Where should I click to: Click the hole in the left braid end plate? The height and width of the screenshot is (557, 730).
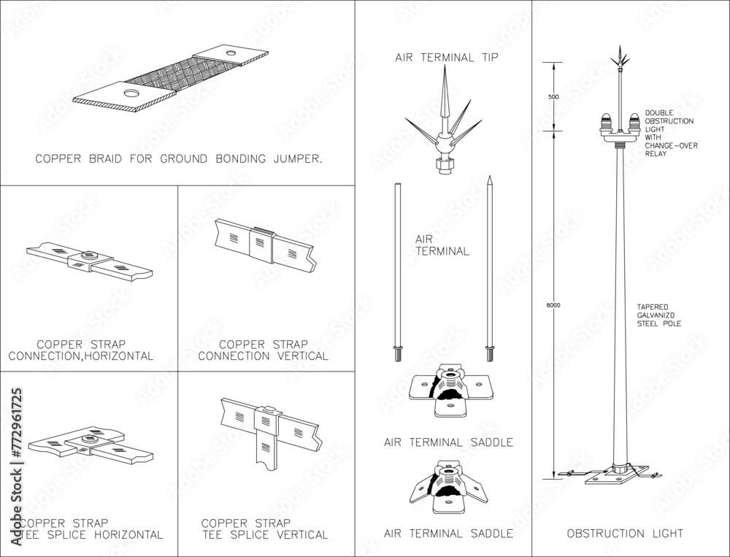click(131, 93)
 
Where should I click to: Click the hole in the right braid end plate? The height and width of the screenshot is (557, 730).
click(231, 53)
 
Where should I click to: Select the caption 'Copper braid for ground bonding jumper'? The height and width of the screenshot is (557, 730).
click(179, 158)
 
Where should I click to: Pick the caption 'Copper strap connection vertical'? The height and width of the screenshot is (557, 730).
click(264, 350)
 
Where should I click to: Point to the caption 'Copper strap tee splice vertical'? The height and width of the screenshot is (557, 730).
click(264, 529)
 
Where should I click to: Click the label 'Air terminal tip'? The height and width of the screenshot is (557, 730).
click(446, 57)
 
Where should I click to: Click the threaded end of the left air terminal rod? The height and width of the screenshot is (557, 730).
click(396, 354)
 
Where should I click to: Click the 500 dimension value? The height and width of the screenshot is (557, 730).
click(553, 96)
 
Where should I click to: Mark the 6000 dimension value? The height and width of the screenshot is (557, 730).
click(553, 305)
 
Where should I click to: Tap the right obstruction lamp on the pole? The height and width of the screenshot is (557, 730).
click(632, 123)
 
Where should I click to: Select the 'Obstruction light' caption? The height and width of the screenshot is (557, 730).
click(625, 534)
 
